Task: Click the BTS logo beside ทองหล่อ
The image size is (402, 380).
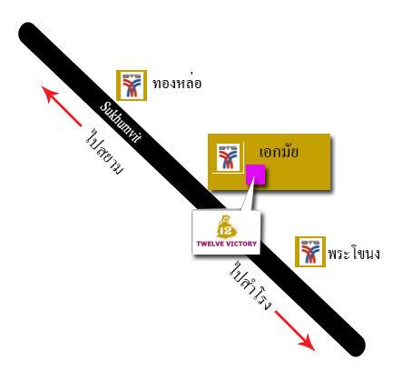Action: pos(132,85)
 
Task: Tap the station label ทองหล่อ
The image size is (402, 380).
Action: pos(177,83)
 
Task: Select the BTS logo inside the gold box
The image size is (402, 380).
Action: pos(228,157)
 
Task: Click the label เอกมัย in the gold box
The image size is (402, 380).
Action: pos(279,152)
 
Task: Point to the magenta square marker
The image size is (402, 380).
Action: pos(255,175)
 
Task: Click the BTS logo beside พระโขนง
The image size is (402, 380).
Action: pos(310,252)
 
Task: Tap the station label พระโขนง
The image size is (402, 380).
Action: pos(354,254)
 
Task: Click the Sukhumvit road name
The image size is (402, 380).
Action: pos(121,122)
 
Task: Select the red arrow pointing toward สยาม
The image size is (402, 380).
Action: pos(62,106)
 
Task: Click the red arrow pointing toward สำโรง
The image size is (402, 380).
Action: pos(295,331)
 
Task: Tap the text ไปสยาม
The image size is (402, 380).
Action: pos(104,151)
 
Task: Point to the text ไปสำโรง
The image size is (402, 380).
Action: pos(250,285)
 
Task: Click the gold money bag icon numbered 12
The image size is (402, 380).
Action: pos(226,227)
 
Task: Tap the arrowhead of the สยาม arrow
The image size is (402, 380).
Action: pos(48,94)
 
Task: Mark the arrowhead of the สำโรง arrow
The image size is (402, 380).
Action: pos(308,344)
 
